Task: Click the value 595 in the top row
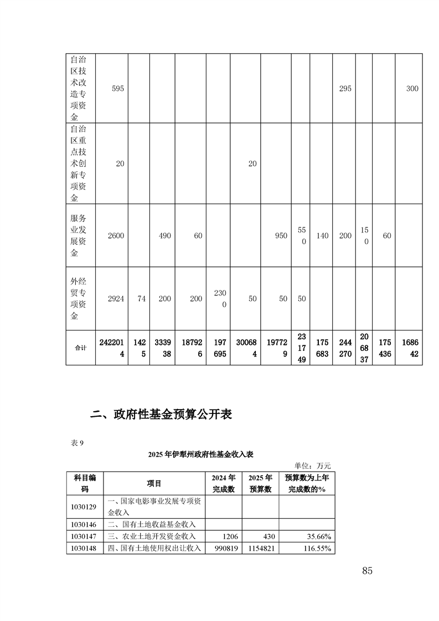117,89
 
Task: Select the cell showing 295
345,89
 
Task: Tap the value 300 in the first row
412,89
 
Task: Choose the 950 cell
281,235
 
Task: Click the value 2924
115,298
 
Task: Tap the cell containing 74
141,298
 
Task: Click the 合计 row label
80,348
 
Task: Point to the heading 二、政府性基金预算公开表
161,415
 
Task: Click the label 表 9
77,443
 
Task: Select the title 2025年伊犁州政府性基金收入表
200,454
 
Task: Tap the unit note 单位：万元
313,465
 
